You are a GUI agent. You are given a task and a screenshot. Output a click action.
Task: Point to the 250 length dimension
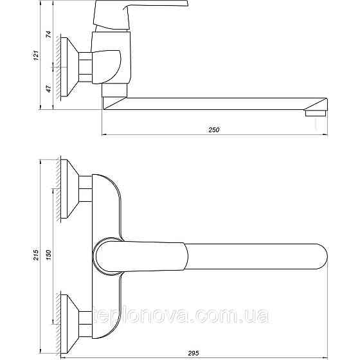214,130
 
